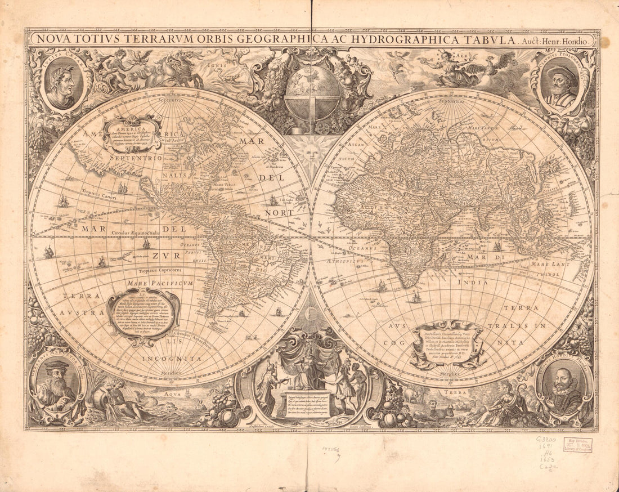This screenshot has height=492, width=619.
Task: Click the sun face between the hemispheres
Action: [x=311, y=152]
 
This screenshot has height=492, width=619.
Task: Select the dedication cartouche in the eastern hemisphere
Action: [x=447, y=343]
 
